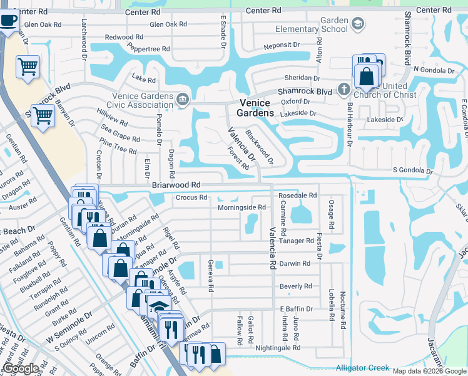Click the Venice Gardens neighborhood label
(255, 108)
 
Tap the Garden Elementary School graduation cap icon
(357, 24)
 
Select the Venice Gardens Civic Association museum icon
(182, 98)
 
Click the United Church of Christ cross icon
(343, 90)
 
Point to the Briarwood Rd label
(176, 185)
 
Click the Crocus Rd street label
(191, 197)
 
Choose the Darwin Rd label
(295, 264)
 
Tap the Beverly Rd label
(295, 286)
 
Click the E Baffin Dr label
(296, 310)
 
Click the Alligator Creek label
(362, 368)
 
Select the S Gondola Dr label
(413, 170)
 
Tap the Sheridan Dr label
(303, 78)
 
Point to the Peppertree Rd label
(148, 48)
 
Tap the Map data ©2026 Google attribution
(429, 371)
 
